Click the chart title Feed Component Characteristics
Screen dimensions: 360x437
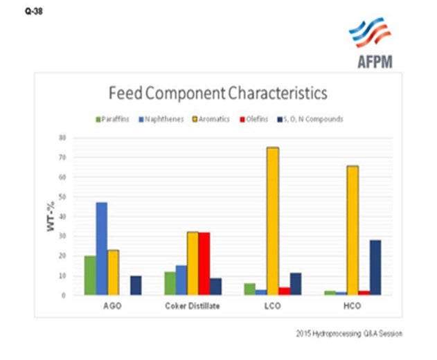coord(217,93)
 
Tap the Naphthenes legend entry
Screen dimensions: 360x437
coord(162,119)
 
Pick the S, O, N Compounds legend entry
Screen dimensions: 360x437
coord(312,119)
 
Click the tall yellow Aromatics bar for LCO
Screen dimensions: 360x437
coord(272,221)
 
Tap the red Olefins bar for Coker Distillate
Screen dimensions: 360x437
coord(204,264)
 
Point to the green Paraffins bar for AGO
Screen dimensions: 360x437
coord(89,276)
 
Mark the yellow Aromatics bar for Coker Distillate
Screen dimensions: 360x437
coord(193,263)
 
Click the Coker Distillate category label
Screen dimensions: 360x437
coord(193,307)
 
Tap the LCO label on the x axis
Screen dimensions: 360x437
coord(273,307)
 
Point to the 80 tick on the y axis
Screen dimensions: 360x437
coord(62,138)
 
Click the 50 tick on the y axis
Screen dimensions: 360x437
coord(62,197)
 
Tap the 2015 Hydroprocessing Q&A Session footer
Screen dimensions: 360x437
coord(348,334)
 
